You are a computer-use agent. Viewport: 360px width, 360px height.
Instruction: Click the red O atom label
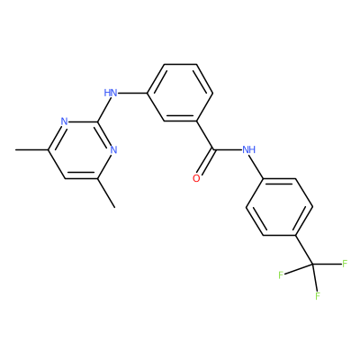(196, 178)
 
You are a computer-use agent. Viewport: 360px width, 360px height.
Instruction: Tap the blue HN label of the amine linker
(111, 93)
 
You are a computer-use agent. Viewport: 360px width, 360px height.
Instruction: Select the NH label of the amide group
(248, 149)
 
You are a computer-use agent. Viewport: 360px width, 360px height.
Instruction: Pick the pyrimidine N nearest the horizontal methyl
(64, 121)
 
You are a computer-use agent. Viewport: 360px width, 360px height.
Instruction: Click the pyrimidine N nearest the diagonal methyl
(113, 149)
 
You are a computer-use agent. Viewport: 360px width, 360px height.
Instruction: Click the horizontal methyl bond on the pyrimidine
(32, 149)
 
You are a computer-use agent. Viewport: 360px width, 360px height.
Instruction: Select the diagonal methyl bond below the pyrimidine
(106, 193)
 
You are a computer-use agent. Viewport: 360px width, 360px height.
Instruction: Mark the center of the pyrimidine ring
(81, 150)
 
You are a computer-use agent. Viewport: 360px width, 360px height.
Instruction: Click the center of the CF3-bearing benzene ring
(279, 207)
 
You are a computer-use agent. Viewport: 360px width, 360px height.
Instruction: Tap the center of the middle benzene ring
(180, 93)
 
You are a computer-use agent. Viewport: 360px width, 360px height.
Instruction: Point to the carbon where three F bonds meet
(312, 265)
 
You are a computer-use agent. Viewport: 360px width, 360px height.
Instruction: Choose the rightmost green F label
(345, 264)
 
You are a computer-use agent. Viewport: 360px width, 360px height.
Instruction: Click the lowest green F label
(318, 296)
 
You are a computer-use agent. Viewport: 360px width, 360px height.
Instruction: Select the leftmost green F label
(281, 274)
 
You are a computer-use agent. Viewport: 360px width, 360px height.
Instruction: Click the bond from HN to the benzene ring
(132, 93)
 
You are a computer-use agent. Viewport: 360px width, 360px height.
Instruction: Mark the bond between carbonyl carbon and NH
(227, 149)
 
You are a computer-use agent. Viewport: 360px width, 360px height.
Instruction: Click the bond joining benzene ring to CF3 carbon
(304, 250)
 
